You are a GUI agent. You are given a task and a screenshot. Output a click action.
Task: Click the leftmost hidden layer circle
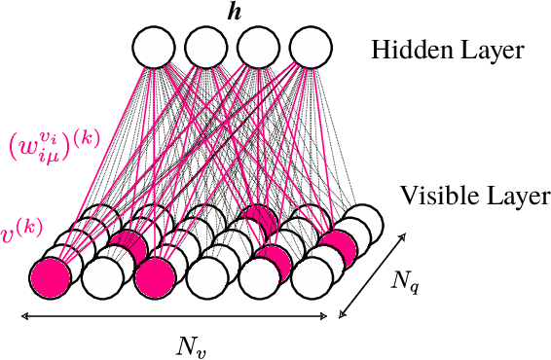tap(154, 47)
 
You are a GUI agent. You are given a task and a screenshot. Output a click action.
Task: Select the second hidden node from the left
tap(206, 47)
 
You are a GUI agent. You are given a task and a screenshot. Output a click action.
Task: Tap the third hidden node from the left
tap(258, 47)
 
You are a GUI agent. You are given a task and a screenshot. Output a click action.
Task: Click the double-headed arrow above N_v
tap(175, 314)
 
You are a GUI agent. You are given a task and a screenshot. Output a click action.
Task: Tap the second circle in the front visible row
tap(103, 279)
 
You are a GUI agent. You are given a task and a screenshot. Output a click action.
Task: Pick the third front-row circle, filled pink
tap(156, 279)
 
